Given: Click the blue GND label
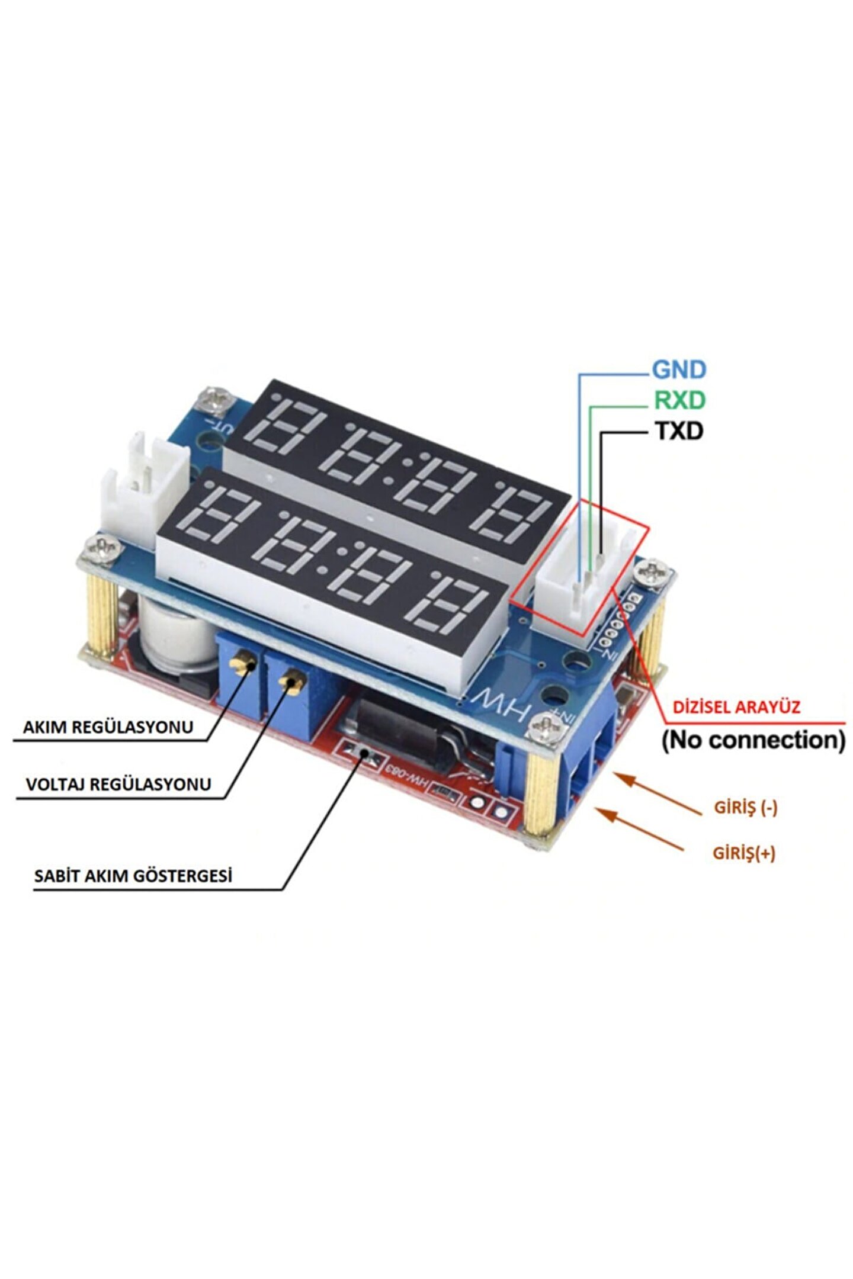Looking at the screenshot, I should [679, 370].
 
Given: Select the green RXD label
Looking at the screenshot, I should [679, 401].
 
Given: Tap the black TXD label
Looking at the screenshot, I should [679, 431].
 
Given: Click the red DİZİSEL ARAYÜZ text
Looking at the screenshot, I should [736, 707].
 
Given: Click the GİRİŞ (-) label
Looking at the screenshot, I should [745, 807].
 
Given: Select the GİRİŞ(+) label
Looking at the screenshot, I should [743, 853].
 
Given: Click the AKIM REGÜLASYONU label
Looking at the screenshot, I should [108, 727].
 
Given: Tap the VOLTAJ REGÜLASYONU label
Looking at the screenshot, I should [118, 785].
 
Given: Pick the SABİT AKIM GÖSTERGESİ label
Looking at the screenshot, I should [133, 876].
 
